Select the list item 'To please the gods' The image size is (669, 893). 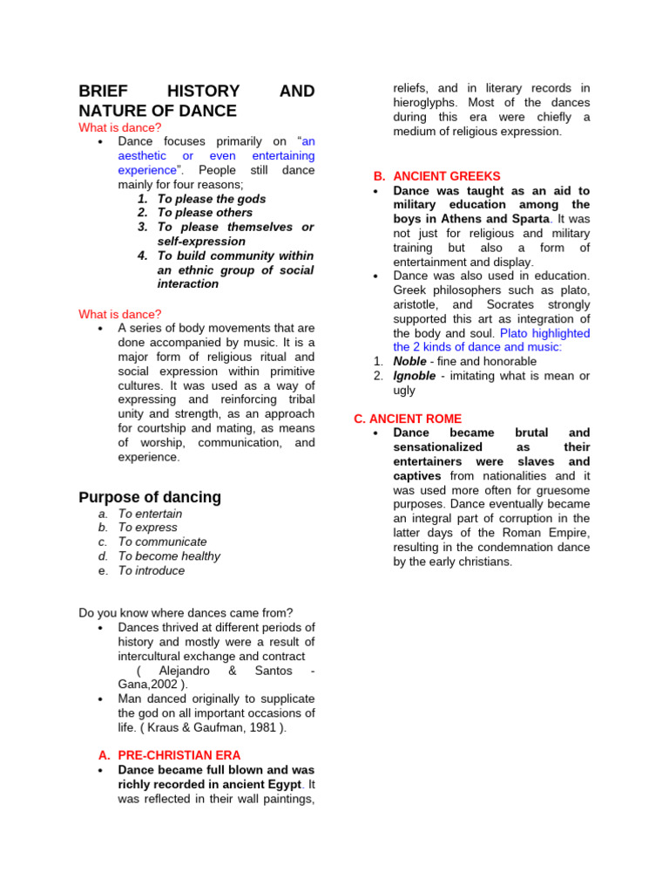pyautogui.click(x=212, y=199)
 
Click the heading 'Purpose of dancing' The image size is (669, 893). pyautogui.click(x=150, y=497)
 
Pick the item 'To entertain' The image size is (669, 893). pyautogui.click(x=150, y=514)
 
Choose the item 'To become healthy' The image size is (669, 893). pyautogui.click(x=169, y=556)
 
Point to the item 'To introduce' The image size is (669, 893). pyautogui.click(x=152, y=570)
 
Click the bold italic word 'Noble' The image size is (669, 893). pyautogui.click(x=410, y=361)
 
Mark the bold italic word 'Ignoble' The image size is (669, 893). pyautogui.click(x=415, y=376)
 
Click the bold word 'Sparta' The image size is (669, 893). pyautogui.click(x=530, y=219)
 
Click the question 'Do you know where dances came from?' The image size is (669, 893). pyautogui.click(x=186, y=613)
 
